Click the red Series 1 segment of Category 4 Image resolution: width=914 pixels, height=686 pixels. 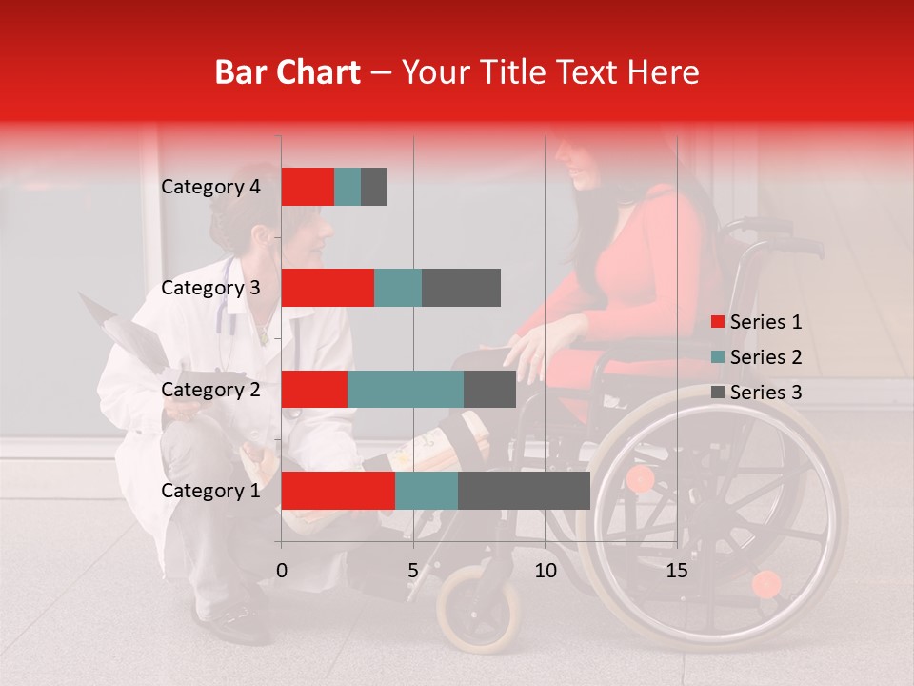pos(308,187)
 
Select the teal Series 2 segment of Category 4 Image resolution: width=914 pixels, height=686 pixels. pos(348,187)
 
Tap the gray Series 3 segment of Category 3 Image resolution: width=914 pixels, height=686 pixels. pos(461,288)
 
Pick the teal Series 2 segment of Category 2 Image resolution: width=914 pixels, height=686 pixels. pos(406,389)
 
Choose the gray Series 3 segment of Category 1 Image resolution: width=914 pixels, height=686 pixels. pos(524,491)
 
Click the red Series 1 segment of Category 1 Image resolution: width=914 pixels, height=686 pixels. pos(338,491)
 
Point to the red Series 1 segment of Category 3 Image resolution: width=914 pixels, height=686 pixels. pos(328,288)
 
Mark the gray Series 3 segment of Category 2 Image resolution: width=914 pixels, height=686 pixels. pos(489,389)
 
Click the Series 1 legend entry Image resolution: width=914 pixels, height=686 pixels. pos(757,322)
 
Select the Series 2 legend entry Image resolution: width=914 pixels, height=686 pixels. pos(757,357)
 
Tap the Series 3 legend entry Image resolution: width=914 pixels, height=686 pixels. pos(757,393)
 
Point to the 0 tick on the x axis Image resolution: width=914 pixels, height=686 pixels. pos(282,571)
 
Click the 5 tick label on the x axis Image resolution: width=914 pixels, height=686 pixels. pos(413,571)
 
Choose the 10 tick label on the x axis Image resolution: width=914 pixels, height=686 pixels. pos(545,571)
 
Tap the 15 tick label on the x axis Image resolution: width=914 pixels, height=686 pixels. pos(677,571)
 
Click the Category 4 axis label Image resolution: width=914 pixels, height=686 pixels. pos(210,187)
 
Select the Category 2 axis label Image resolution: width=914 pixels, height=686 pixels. pos(210,389)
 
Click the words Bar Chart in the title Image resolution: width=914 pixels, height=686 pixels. pos(288,72)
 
